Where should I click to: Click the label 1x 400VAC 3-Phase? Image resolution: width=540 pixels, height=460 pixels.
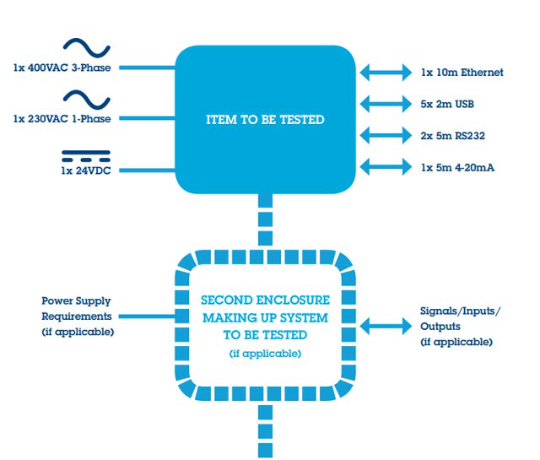(x=63, y=68)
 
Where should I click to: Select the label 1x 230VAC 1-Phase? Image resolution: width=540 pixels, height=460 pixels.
(x=63, y=118)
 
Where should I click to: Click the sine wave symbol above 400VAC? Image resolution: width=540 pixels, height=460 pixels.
(x=87, y=47)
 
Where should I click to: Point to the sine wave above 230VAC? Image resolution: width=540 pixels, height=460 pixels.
(x=87, y=98)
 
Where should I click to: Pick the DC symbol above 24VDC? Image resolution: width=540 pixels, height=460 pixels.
(x=87, y=154)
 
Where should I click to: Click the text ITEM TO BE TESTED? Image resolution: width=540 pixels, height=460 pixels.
(x=265, y=120)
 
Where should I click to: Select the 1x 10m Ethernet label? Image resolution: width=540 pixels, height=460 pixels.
(x=462, y=73)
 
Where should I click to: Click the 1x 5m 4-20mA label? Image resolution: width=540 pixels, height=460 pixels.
(x=457, y=168)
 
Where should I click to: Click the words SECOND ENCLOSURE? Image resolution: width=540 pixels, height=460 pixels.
(x=265, y=300)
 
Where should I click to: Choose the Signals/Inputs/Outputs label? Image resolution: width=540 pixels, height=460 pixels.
(x=460, y=326)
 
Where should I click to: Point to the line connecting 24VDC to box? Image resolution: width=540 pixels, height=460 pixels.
(x=143, y=169)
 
